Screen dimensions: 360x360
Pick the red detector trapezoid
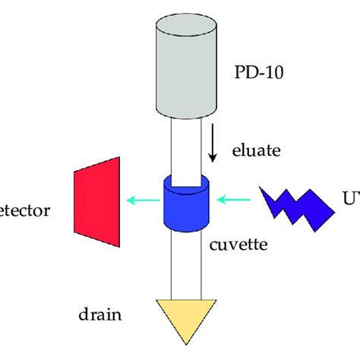coord(97,201)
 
